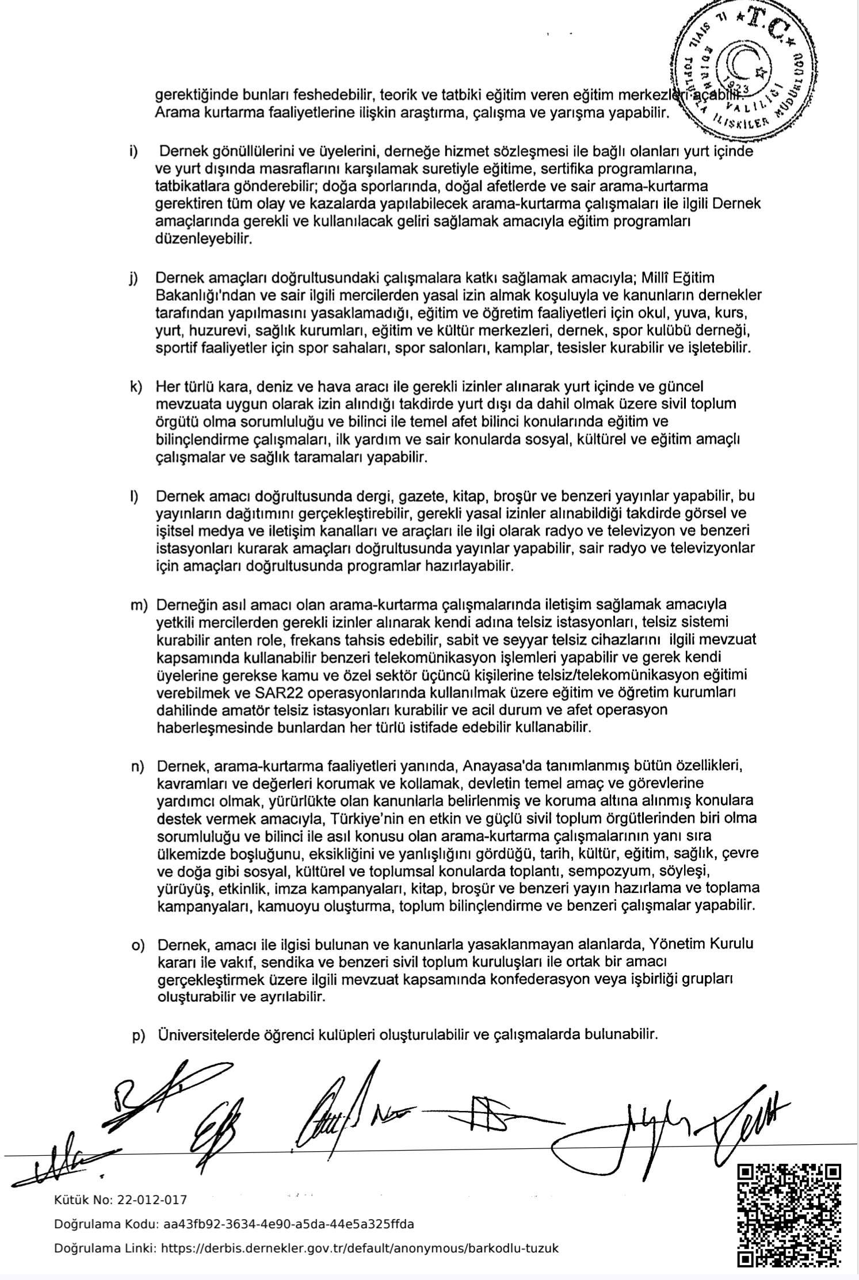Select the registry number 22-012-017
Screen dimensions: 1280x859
click(x=152, y=1200)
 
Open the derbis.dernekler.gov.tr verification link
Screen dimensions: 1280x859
click(x=360, y=1248)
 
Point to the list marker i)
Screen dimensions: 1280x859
click(x=134, y=152)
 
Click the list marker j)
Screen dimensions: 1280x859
click(x=134, y=278)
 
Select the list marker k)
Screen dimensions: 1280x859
click(x=136, y=386)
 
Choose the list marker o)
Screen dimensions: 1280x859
click(x=138, y=944)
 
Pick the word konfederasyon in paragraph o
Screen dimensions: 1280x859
click(x=532, y=979)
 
